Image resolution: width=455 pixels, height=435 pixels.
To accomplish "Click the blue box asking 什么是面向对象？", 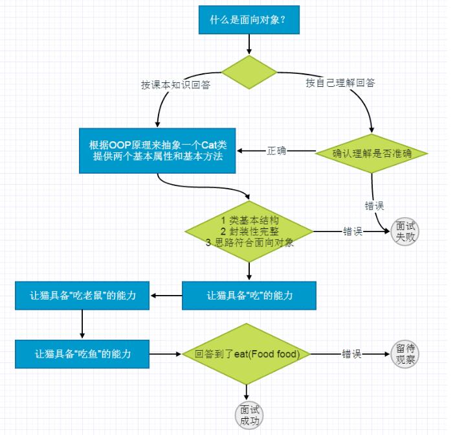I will click(x=248, y=20).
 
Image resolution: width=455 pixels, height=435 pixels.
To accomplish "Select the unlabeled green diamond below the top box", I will click(x=249, y=72).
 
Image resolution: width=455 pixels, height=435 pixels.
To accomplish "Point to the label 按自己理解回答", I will click(x=340, y=83).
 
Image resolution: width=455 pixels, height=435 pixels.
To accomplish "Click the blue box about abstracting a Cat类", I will click(x=158, y=151).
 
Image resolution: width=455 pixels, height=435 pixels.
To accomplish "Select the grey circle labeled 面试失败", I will click(x=406, y=231).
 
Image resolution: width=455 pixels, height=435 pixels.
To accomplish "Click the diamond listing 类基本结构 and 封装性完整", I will click(x=249, y=231).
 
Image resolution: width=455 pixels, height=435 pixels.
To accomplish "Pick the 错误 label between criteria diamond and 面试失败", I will click(x=353, y=231).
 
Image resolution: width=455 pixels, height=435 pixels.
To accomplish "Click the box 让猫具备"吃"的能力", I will click(x=249, y=296).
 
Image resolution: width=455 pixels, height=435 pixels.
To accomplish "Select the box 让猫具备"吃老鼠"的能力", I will click(x=83, y=296).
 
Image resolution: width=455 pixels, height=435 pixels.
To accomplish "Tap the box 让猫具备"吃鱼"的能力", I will click(x=83, y=354).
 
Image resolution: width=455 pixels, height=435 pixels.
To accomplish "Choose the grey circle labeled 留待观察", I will click(x=405, y=354).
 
